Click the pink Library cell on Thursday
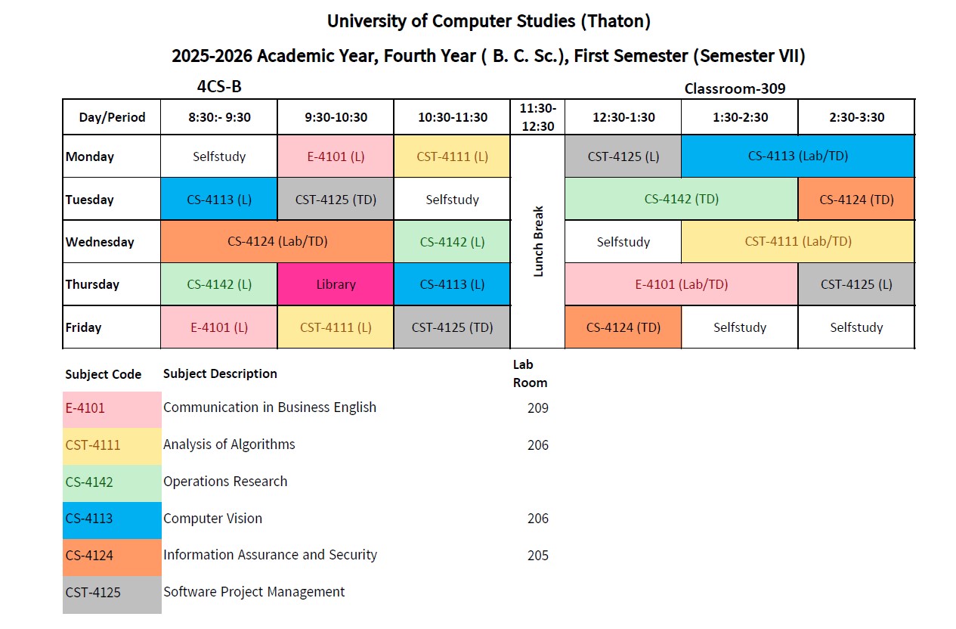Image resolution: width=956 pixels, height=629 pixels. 336,284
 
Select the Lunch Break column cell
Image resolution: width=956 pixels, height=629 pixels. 538,241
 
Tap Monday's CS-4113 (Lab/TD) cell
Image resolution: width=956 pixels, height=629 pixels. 797,156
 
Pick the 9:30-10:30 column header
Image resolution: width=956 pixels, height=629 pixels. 336,117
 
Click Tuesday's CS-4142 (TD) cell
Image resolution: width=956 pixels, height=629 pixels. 681,200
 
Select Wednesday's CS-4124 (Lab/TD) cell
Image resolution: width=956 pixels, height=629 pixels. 277,242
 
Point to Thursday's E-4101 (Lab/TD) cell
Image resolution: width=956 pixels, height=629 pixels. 681,284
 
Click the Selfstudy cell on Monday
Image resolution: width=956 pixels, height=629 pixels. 218,156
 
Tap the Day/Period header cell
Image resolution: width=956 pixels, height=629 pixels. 111,117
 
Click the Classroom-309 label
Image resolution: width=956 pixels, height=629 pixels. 735,88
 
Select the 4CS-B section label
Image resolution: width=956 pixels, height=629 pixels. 219,86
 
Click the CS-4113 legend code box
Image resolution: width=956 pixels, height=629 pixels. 112,519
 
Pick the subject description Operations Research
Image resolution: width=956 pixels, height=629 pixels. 225,482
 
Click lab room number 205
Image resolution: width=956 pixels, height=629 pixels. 537,556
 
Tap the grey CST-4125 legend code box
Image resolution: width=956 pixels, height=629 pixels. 112,593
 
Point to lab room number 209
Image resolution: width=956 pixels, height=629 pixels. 537,408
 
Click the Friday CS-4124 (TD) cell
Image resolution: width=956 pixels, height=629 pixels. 623,327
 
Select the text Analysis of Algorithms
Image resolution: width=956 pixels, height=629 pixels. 229,445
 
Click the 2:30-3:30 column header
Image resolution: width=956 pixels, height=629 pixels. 855,117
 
